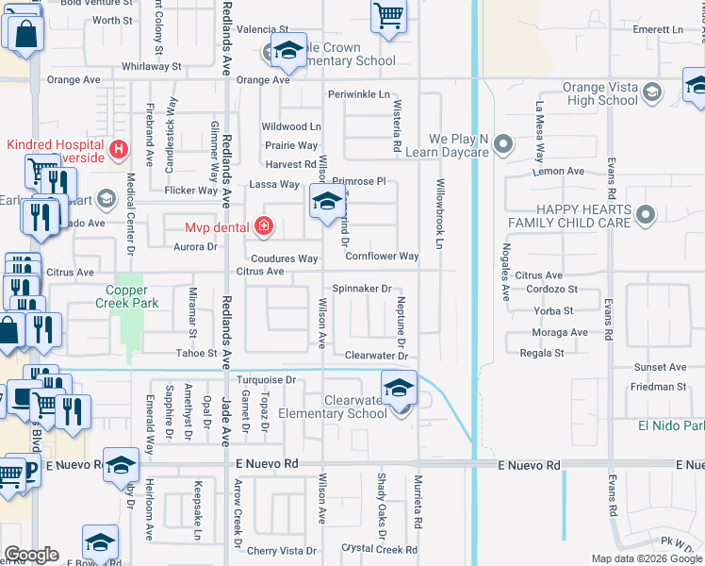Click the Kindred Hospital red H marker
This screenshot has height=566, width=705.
pos(119,148)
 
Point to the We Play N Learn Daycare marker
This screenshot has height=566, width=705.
pos(504,144)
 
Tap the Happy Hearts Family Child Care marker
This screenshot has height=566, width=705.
pos(646,216)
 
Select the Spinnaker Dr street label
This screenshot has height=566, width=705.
pos(362,289)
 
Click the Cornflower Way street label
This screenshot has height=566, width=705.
pos(382,257)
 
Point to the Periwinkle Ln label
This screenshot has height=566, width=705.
pos(359,95)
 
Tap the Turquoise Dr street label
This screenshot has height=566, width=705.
pos(267,380)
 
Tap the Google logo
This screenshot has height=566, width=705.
pos(31,554)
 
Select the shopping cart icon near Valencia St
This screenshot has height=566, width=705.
pos(388,17)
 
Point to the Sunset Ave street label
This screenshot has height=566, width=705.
pos(660,368)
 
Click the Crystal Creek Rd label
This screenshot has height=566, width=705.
pos(379,548)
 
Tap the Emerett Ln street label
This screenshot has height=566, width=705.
pos(658,30)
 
